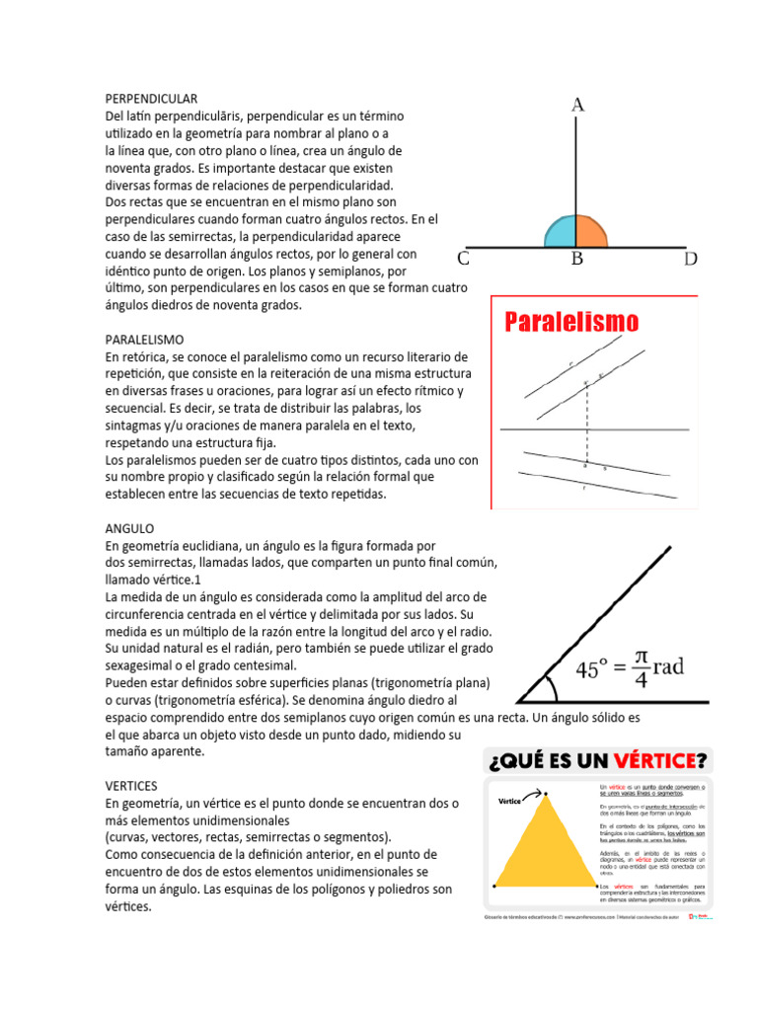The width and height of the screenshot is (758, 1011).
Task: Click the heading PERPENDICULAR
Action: tap(152, 99)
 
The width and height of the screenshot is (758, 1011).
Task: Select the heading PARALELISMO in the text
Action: tap(144, 339)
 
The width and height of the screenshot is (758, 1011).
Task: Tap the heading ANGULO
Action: tap(129, 528)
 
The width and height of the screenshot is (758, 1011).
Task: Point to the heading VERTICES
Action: tap(132, 786)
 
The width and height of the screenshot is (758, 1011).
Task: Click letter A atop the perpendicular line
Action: tap(578, 105)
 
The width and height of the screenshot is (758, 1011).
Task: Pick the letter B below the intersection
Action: tap(578, 260)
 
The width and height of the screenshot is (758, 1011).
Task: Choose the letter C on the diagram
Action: tap(463, 260)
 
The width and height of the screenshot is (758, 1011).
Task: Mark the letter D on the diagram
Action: tap(691, 260)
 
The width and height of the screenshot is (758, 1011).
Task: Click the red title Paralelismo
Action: tap(571, 322)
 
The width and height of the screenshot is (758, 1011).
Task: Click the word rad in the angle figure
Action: tap(668, 667)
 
